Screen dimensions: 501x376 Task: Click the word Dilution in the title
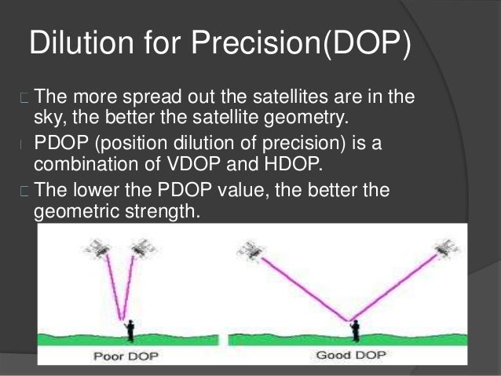(82, 42)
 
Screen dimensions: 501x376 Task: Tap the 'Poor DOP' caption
(126, 356)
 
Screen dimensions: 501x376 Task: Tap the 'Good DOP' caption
(351, 355)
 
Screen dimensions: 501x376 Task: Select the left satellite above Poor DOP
(97, 248)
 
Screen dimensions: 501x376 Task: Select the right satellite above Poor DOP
(144, 247)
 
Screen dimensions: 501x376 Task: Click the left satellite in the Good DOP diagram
(251, 250)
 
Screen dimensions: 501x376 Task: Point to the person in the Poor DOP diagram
(130, 330)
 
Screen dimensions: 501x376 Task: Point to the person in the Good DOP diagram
(355, 330)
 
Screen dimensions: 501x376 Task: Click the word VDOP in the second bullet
(194, 164)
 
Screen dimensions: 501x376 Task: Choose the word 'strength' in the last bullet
(163, 211)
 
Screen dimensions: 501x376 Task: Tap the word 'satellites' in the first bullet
(291, 96)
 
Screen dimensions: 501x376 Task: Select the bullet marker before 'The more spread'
(24, 98)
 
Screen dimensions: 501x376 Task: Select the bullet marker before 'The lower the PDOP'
(24, 192)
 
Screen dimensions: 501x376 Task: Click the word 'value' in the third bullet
(242, 190)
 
